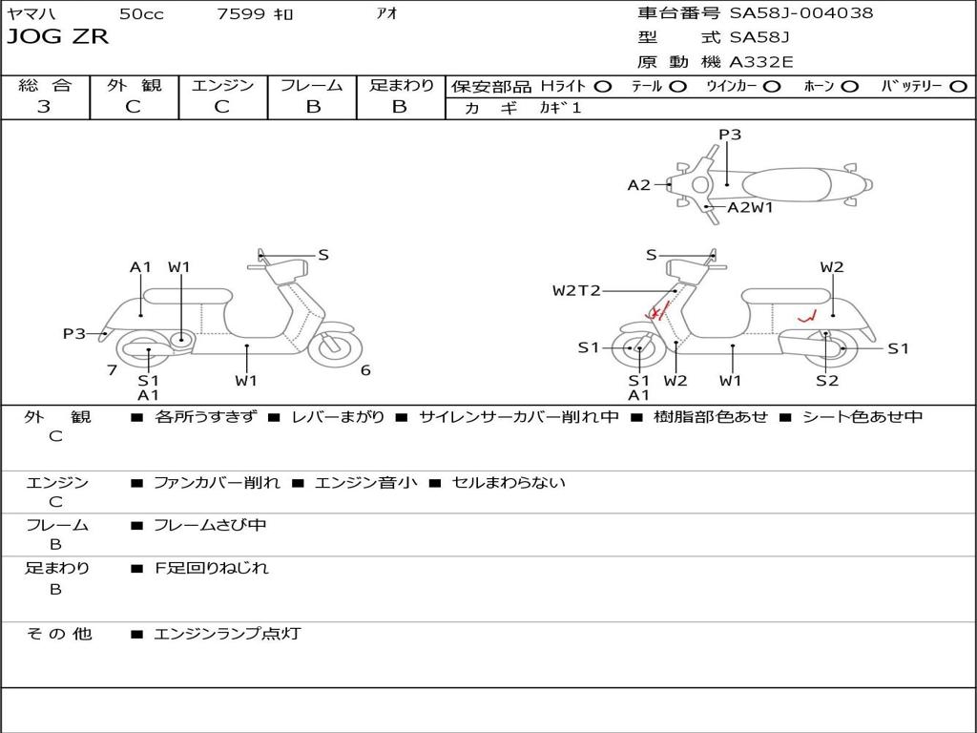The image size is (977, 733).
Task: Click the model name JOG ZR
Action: point(58,37)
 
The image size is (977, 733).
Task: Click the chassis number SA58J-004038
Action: point(800,12)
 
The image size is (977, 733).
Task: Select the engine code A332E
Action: point(761,62)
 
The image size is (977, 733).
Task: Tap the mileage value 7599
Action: point(239,13)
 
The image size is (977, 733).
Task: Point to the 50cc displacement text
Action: point(140,13)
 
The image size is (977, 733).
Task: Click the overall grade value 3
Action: point(44,106)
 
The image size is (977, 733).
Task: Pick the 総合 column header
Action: point(45,85)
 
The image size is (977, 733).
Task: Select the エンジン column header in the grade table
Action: point(222,85)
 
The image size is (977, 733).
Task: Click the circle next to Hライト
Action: point(603,86)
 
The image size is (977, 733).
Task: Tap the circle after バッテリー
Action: point(958,86)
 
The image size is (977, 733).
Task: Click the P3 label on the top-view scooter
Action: point(730,135)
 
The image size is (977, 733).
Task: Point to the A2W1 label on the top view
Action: point(750,206)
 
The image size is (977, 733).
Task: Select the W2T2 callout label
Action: point(576,290)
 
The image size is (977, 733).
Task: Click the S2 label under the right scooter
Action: point(827,381)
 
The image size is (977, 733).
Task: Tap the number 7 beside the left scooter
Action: point(112,370)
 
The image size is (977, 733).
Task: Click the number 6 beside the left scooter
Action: point(365,370)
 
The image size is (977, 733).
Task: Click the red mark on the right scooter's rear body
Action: point(807,317)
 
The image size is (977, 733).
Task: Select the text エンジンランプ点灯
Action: point(227,633)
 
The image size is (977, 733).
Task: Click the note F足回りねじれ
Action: point(211,568)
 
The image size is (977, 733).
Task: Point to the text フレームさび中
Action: point(210,525)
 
